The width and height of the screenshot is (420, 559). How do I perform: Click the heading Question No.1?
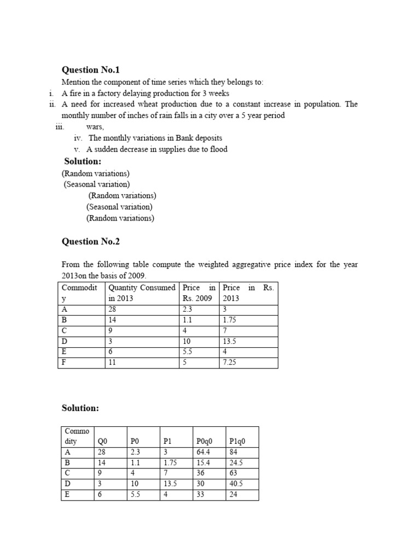click(x=90, y=70)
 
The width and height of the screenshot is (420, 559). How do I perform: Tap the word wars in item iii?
click(x=95, y=127)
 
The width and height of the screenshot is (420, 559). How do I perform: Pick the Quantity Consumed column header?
click(x=142, y=288)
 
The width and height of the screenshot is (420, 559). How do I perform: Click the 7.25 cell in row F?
click(x=229, y=362)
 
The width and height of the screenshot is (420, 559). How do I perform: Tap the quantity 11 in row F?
click(x=113, y=362)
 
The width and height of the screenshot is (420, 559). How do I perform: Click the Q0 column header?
click(x=102, y=441)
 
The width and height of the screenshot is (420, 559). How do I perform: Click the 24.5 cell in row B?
click(x=237, y=463)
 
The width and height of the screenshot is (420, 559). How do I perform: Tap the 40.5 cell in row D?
click(x=237, y=484)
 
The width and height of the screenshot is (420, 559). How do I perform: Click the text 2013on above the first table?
click(x=74, y=276)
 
